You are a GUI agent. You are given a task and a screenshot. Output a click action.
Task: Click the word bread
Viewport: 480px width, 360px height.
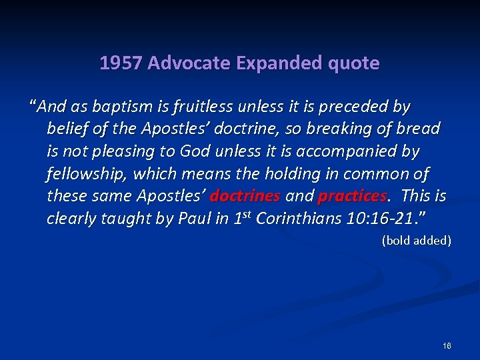pyautogui.click(x=418, y=129)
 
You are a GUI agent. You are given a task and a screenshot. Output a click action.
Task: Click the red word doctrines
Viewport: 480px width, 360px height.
pyautogui.click(x=245, y=197)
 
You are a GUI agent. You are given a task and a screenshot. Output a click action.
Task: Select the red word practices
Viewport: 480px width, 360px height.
pyautogui.click(x=352, y=197)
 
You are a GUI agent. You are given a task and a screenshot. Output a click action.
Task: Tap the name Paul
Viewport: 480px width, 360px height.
pyautogui.click(x=193, y=219)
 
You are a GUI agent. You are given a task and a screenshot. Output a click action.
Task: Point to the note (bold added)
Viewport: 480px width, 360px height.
pyautogui.click(x=416, y=240)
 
